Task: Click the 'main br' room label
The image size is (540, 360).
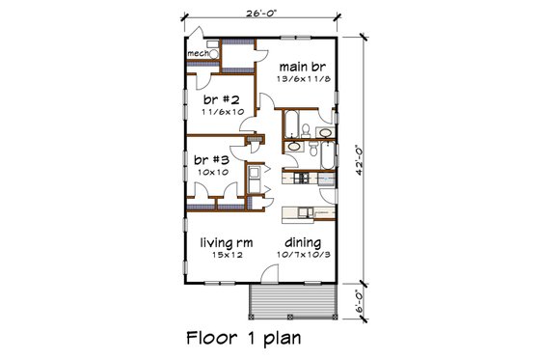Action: coord(299,67)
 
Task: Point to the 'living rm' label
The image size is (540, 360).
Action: coord(226,242)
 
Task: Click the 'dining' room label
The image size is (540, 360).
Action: coord(303,242)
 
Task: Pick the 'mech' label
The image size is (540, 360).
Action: coord(198,53)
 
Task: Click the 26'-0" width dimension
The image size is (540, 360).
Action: coord(261,14)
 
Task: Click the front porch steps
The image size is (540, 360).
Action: coord(290,302)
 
